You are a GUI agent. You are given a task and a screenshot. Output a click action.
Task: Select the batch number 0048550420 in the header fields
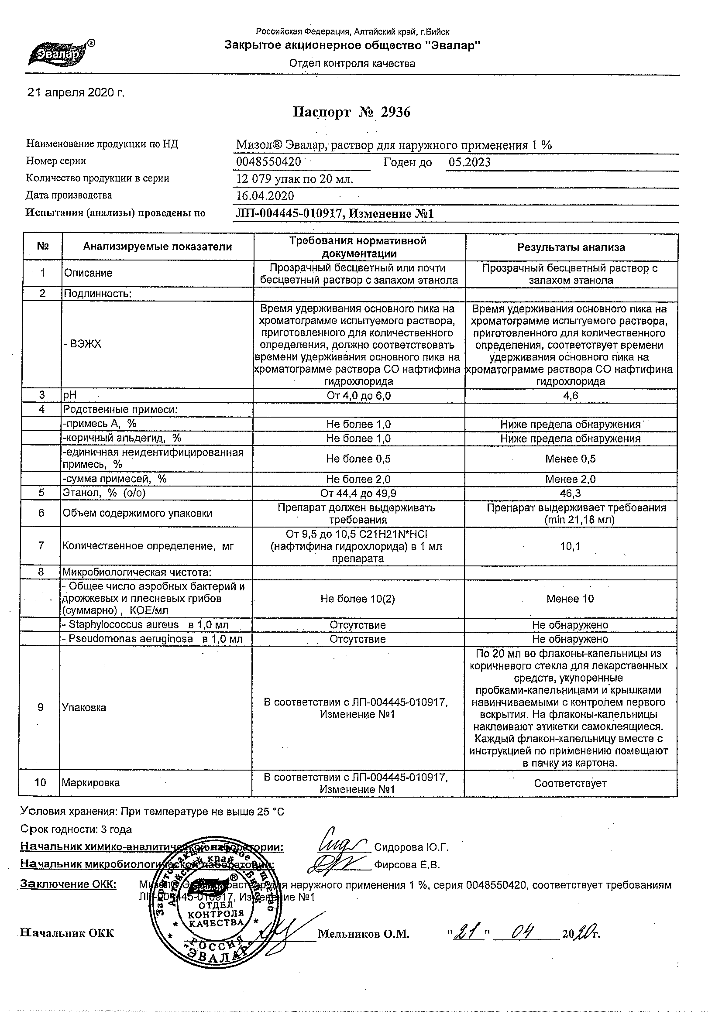(x=268, y=162)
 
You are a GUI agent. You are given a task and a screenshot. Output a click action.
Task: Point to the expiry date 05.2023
(x=469, y=162)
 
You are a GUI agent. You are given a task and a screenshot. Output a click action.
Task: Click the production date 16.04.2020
(x=265, y=196)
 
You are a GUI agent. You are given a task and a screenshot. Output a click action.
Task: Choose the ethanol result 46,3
(x=571, y=493)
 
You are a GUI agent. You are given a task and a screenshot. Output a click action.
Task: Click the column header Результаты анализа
(x=571, y=247)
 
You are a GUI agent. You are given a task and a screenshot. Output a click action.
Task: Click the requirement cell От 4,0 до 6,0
(x=358, y=396)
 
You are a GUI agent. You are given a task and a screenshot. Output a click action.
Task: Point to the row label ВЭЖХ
(x=83, y=344)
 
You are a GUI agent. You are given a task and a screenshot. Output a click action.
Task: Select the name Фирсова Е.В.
(x=406, y=865)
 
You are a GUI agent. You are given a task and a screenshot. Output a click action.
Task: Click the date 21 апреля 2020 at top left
(x=76, y=93)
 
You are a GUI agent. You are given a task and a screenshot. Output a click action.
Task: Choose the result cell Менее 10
(x=570, y=599)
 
